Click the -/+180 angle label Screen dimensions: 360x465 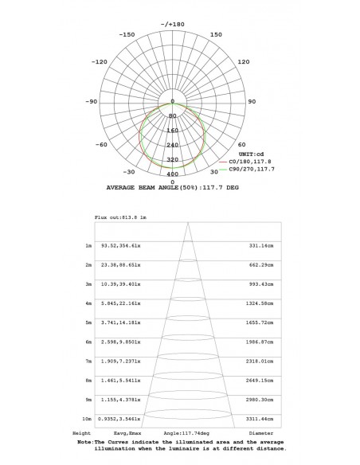tap(173, 25)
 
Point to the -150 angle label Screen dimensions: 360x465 tap(127, 35)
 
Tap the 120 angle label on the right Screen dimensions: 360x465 tap(244, 61)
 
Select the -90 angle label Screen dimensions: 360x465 tap(92, 101)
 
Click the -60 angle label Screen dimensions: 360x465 tap(101, 145)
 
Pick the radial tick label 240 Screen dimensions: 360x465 tap(173, 145)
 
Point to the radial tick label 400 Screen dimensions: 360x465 tap(173, 174)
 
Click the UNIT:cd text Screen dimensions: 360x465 tap(251, 154)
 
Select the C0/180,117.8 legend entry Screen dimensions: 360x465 tap(245, 162)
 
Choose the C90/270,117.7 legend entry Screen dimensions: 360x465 tap(247, 169)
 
